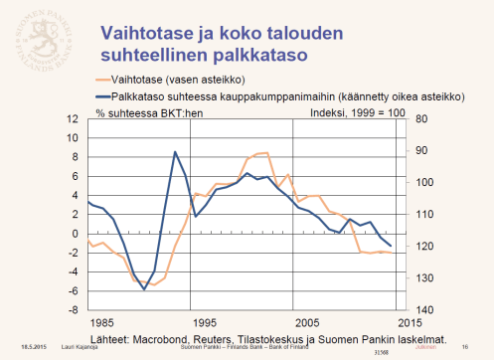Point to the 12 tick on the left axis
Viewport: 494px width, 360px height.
coord(72,119)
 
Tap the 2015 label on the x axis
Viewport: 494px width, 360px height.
coord(406,323)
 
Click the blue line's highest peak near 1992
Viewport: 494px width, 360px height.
coord(175,151)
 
